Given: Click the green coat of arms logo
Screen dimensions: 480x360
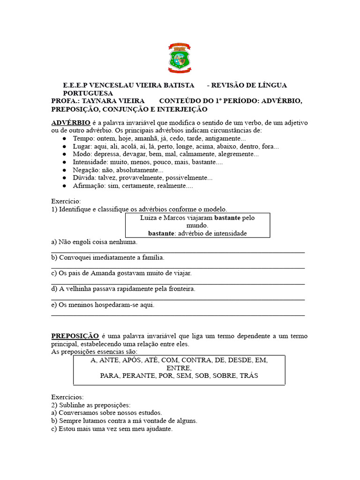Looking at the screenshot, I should coord(180,59).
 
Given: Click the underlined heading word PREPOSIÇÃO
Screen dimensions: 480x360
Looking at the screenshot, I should coord(75,336).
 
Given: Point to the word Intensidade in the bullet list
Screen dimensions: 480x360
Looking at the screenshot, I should coord(91,162).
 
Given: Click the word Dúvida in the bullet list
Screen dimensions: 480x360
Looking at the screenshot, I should coord(84,178).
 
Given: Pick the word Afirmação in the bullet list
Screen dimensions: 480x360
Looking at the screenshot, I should coord(89,186).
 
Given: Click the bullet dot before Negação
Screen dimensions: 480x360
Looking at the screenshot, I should coord(64,170).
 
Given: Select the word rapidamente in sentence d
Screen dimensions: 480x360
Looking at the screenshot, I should coord(131,289).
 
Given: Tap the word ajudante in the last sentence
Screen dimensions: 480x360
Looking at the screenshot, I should coord(158,428).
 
